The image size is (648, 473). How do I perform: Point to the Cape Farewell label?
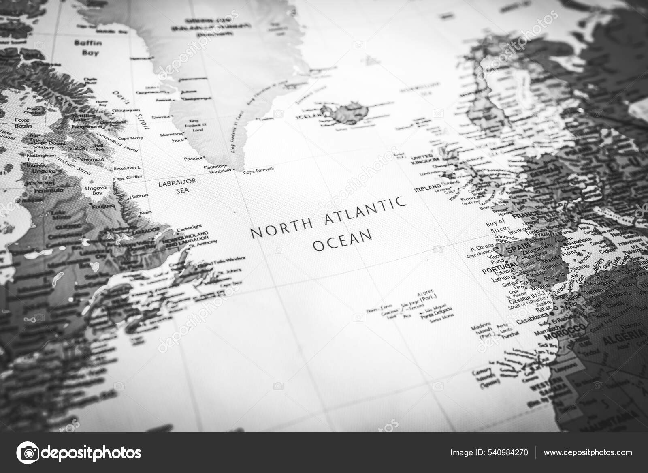(x=258, y=173)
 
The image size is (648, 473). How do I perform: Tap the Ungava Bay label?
(x=94, y=190)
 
